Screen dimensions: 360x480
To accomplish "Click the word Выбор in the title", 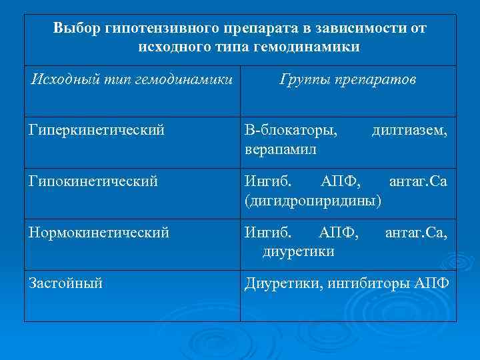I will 77,29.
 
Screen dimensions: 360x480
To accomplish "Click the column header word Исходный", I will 59,80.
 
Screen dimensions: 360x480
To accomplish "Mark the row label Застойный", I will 65,283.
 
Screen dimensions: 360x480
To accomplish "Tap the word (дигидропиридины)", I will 313,199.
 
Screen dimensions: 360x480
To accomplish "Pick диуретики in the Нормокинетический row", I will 299,251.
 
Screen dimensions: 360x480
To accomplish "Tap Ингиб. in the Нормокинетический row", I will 267,233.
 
